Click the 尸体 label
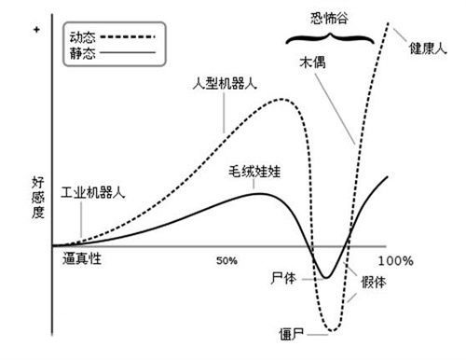(x=281, y=278)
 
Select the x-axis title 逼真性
(x=82, y=259)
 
